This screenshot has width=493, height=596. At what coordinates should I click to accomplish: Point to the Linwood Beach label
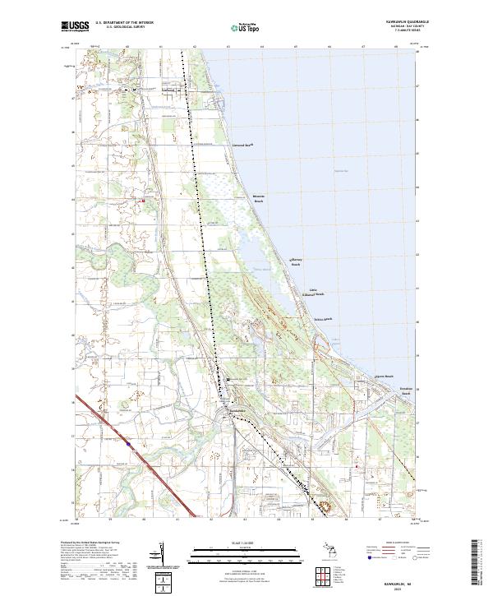[242, 144]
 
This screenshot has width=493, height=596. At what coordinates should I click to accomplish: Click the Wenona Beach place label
[259, 199]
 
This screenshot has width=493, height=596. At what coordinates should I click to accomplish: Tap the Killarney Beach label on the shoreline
[297, 262]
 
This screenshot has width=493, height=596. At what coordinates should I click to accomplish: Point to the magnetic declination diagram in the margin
[162, 554]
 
